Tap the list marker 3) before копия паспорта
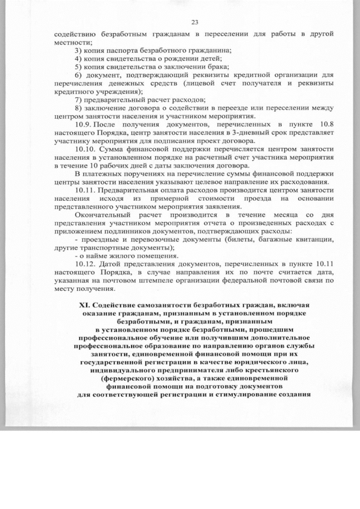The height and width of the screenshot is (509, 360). [79, 51]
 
